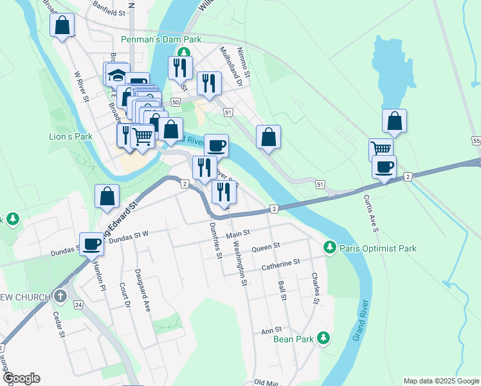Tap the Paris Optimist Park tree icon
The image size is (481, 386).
pos(330,247)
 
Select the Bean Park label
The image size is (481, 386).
pos(293,338)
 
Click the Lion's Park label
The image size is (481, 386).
pos(71,136)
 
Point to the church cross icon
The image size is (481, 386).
pos(60,297)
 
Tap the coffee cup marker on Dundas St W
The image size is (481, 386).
pos(92,243)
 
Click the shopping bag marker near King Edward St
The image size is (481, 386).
pos(107,196)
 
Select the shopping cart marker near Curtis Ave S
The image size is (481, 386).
pos(381,149)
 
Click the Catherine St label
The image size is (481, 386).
pos(280,262)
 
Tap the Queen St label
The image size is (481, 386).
pos(266,246)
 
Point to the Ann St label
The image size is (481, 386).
pos(268,331)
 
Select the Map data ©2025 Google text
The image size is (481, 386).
pos(441,381)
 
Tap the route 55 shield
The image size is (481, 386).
pos(476,140)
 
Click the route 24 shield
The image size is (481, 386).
pos(77,304)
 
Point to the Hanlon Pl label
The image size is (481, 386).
pos(100,273)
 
